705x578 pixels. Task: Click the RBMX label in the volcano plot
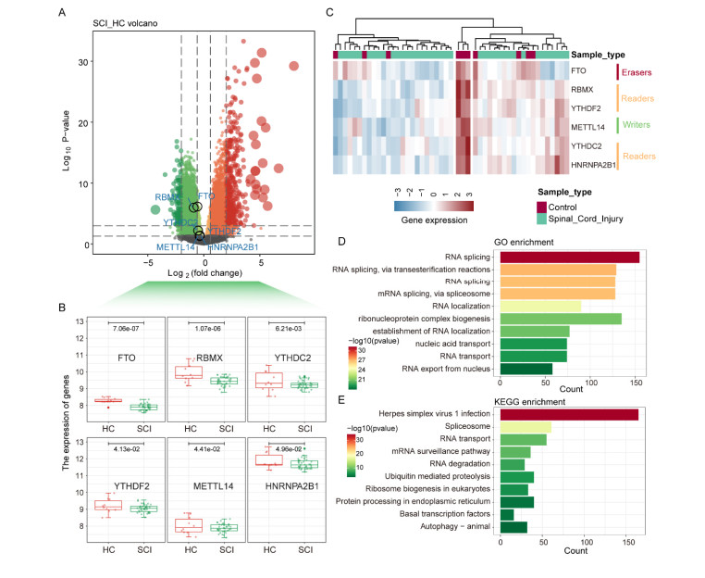click(167, 197)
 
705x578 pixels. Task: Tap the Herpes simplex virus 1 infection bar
click(569, 414)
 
